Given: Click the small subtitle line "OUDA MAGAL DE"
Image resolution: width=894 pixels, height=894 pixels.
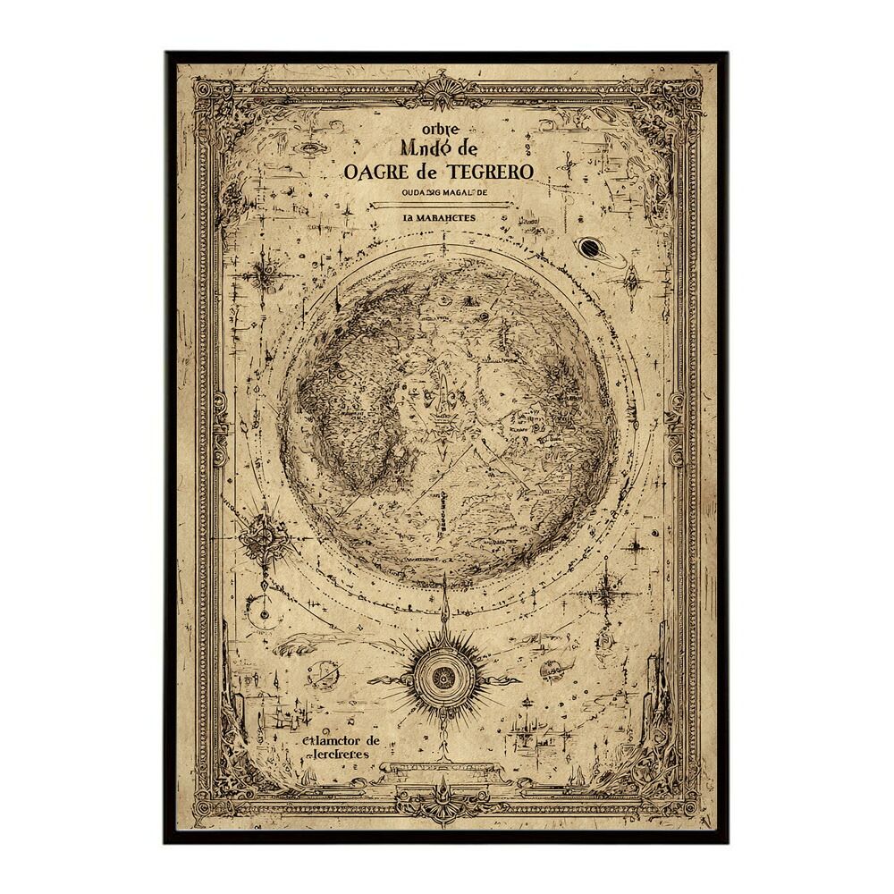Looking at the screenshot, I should coord(444,191).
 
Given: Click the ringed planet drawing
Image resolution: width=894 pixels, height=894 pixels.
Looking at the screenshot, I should coord(589,248).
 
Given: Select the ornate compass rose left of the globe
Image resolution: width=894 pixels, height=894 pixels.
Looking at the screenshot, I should coord(266,536).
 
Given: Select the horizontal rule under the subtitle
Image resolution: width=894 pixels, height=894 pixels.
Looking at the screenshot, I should coord(444,205).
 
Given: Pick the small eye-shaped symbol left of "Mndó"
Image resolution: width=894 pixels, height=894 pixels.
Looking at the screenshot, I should coord(311,148).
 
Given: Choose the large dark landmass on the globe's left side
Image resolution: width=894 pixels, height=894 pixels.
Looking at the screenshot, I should coord(335,429).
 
